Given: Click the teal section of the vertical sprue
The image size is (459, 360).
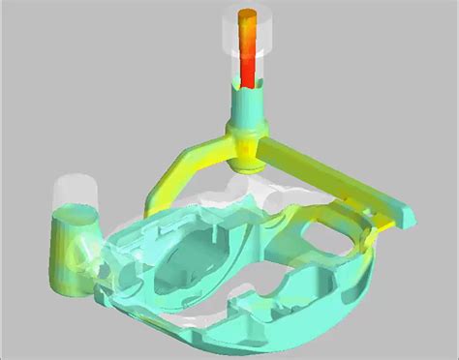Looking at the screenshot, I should [x=243, y=103].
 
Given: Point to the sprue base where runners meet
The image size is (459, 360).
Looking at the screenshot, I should [x=243, y=140].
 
